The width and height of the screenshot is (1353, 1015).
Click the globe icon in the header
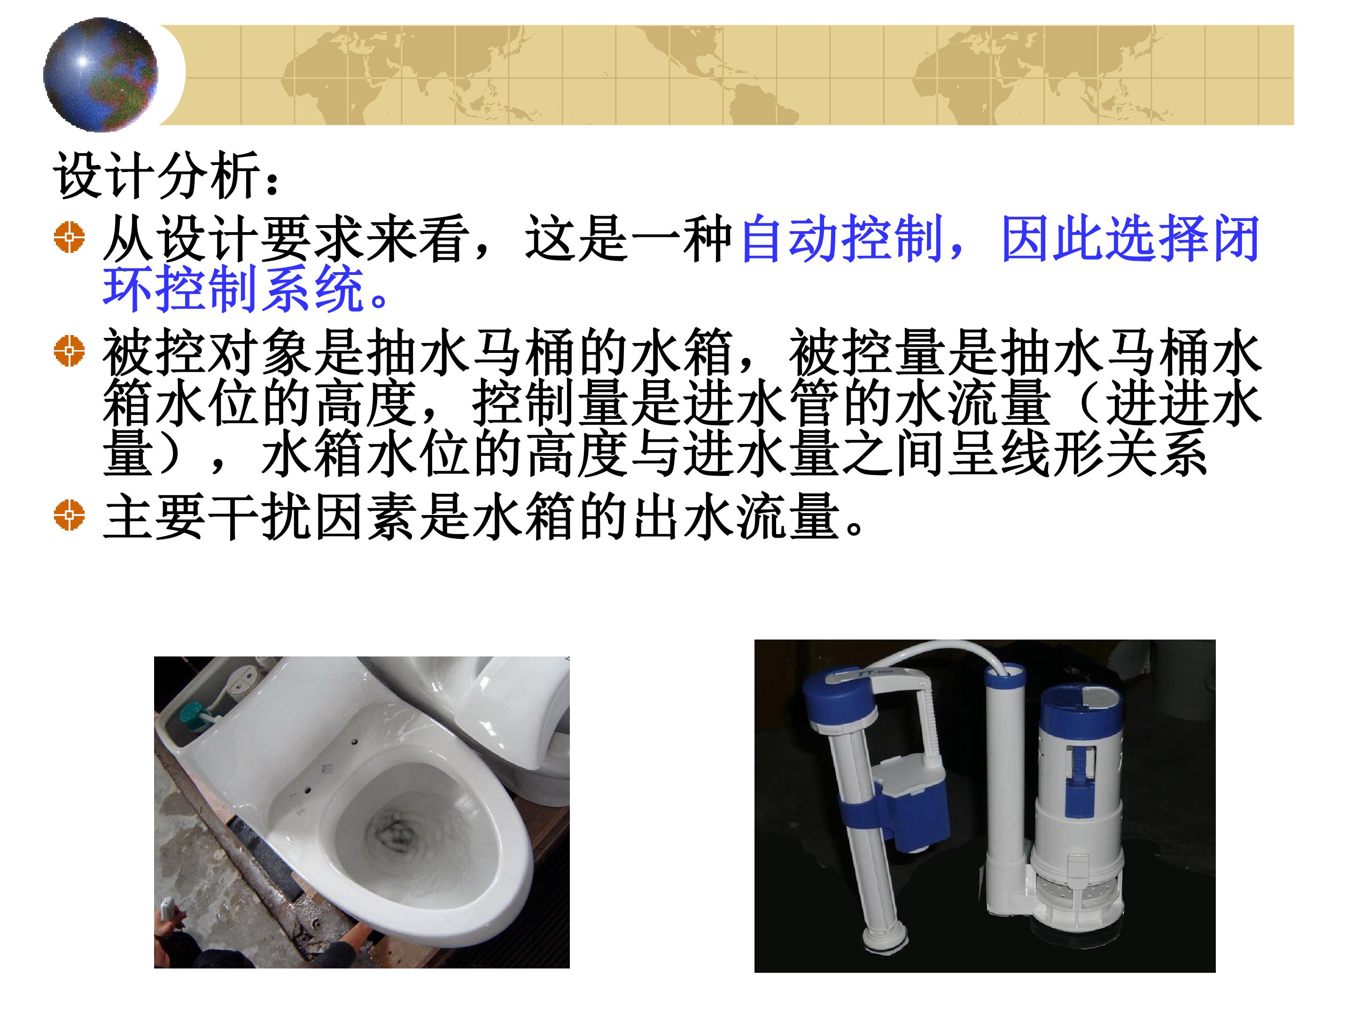(x=101, y=74)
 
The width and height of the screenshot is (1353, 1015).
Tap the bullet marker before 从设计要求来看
(x=69, y=237)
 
